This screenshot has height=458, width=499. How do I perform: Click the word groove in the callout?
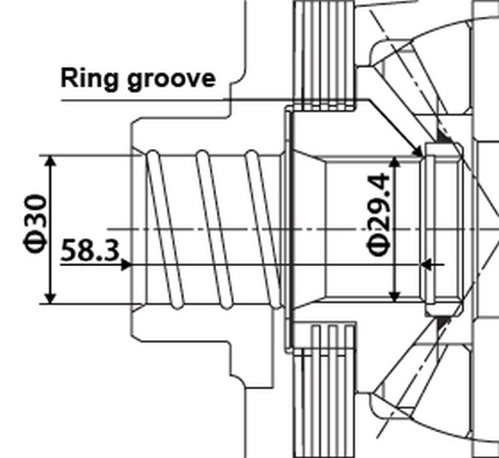(172, 80)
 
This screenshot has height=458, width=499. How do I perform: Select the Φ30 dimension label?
(35, 223)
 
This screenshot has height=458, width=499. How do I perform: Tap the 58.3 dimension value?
(90, 250)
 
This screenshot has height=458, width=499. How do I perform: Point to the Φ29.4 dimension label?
(379, 215)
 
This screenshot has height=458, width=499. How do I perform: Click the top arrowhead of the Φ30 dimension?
(50, 162)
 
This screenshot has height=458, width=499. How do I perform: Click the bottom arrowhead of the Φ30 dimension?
(50, 298)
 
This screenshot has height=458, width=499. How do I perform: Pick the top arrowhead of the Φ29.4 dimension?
(395, 162)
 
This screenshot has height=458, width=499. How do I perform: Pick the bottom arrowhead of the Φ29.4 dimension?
(395, 296)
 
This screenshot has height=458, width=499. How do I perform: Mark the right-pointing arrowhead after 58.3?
(126, 265)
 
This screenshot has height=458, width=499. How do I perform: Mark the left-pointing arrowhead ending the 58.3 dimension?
(426, 265)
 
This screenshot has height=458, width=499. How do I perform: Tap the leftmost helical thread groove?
(165, 229)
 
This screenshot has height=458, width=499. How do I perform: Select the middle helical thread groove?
(214, 229)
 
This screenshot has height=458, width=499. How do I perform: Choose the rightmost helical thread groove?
(264, 229)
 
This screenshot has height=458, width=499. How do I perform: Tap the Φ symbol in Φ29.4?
(379, 247)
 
